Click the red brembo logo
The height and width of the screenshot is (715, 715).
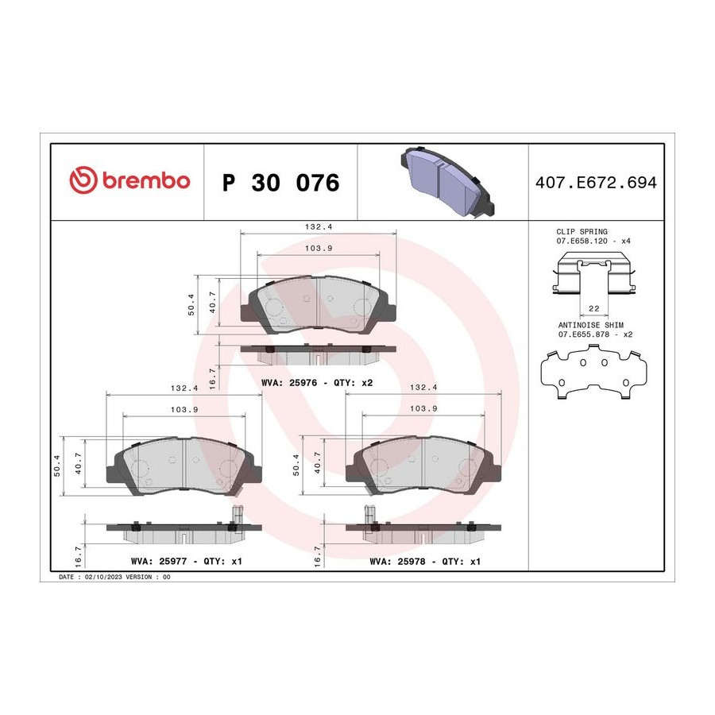[x=129, y=180]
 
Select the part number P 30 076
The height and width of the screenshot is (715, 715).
[x=280, y=183]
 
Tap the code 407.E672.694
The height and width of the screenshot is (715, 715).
[x=596, y=183]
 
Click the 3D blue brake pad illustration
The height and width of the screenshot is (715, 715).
[x=446, y=180]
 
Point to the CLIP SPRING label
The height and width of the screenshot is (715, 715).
[x=582, y=232]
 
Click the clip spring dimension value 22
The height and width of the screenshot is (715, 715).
[x=593, y=309]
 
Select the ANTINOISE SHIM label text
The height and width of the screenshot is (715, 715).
[x=590, y=325]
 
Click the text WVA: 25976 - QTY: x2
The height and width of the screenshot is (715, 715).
[x=317, y=383]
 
